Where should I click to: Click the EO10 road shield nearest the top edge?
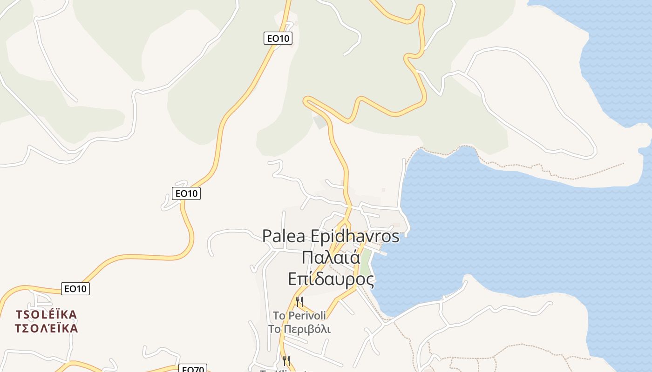point(278,38)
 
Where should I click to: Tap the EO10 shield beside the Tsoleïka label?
point(75,289)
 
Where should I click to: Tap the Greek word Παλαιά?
point(331,258)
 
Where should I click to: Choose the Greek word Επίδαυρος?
point(331,279)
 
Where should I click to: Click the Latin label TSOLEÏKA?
point(46,315)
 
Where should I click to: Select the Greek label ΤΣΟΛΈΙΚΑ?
point(46,329)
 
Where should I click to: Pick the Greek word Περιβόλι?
point(308,330)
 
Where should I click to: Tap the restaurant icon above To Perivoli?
point(299,301)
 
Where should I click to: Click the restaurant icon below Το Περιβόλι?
point(286,360)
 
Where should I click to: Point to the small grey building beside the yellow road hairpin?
point(320,122)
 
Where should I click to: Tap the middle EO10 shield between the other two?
point(186,193)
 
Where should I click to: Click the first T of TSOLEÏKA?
point(19,315)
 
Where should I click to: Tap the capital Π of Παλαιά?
point(307,258)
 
